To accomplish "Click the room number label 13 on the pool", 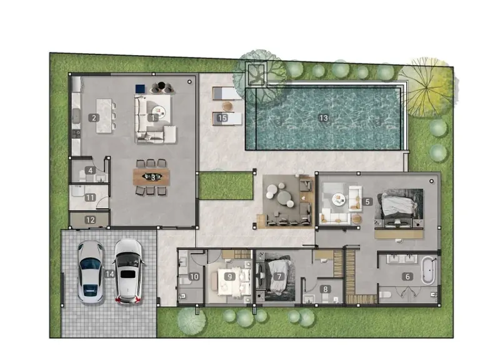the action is tap(323, 118).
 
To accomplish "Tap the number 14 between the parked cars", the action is tap(110, 274).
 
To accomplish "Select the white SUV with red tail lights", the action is tap(128, 272).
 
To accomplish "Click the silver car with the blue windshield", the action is tap(91, 272).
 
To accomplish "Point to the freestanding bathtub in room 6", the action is tap(428, 271).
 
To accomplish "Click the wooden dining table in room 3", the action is tap(151, 177).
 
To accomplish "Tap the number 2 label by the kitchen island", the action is tap(94, 118).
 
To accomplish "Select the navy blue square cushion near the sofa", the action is tap(140, 89).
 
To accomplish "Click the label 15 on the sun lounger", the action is tap(222, 118).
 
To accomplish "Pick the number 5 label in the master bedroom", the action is tap(367, 202).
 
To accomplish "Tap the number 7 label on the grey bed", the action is tap(279, 276).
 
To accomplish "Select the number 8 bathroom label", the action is tap(325, 289).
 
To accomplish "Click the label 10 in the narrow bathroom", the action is tap(194, 276).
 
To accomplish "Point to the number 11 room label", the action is tap(90, 197).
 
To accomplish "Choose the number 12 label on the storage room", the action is tap(90, 220).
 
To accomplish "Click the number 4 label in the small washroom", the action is tap(91, 171).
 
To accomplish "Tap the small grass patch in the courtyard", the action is tap(226, 186).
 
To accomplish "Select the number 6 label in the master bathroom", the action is tap(407, 276).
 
